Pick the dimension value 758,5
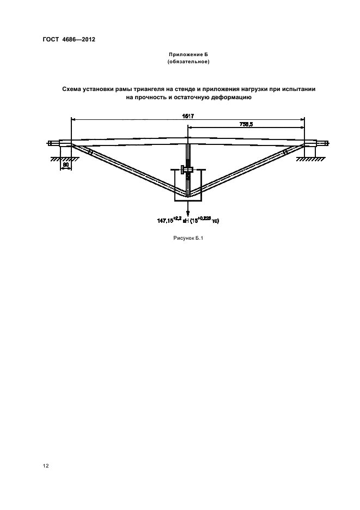[247, 124]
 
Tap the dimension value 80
[65, 163]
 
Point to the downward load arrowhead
[188, 213]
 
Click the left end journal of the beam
[54, 144]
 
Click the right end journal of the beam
[322, 144]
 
